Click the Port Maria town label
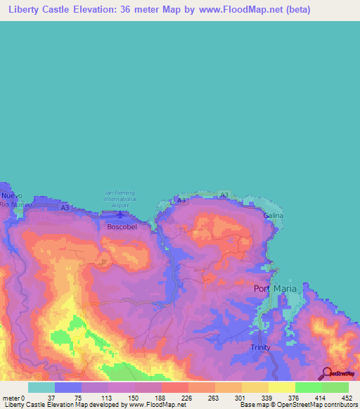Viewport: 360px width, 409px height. (275, 288)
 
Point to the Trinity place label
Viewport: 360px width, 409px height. (259, 347)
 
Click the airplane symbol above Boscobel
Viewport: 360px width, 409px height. (120, 214)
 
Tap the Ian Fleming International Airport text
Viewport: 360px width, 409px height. (120, 199)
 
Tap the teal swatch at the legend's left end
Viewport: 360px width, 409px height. (41, 387)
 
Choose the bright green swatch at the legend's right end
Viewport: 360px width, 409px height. (335, 387)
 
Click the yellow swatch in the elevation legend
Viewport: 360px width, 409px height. (281, 387)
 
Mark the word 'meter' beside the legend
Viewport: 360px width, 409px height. (11, 397)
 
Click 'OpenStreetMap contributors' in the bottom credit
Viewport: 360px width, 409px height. (318, 405)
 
